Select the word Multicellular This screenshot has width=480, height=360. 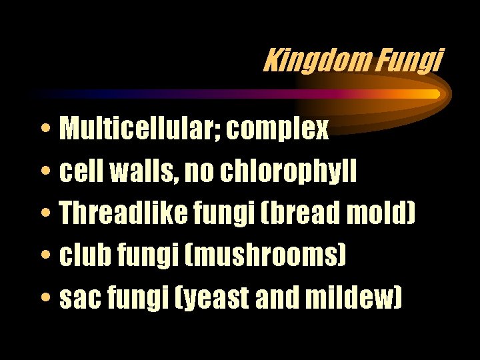[x=139, y=129]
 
